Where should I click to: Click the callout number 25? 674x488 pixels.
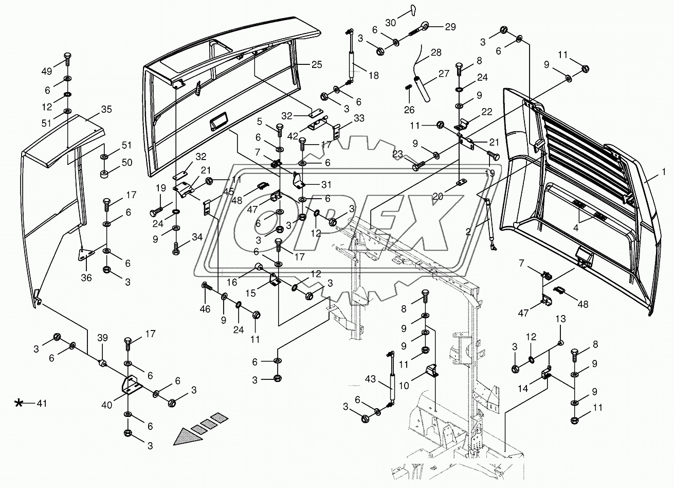coord(317,64)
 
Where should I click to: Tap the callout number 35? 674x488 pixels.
coord(106,109)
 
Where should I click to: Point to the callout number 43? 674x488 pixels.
coord(370,379)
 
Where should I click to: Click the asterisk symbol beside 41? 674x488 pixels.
coord(19,403)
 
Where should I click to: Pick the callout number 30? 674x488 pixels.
coord(391,23)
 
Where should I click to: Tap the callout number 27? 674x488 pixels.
coord(444,74)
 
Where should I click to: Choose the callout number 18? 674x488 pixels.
coord(373,75)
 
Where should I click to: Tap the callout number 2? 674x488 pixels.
coord(468,232)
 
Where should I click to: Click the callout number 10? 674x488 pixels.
coord(404,385)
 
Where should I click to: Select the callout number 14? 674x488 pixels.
coord(523,389)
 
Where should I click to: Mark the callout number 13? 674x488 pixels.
coord(560,319)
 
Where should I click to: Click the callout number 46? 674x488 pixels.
coord(205,309)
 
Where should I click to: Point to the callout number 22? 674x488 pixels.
coord(486,112)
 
